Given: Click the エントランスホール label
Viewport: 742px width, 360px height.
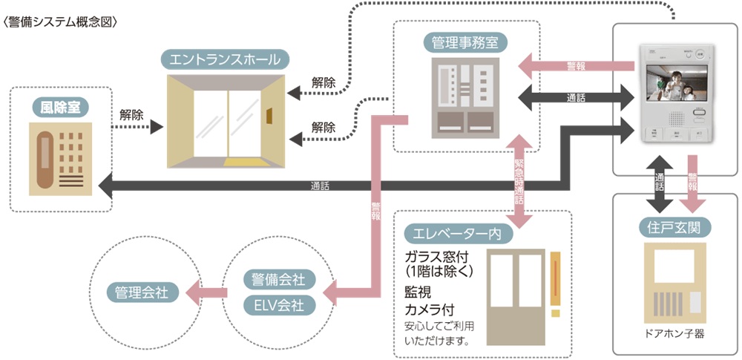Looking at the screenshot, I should click(225, 59).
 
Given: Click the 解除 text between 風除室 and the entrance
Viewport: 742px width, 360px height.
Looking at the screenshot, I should click(131, 115).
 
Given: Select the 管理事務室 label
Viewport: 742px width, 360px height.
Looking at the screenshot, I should click(465, 40).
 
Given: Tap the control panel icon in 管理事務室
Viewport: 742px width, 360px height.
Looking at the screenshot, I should click(465, 98).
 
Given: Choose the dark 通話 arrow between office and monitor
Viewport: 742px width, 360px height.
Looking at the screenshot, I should click(571, 97).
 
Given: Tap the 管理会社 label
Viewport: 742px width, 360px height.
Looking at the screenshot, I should click(142, 292).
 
